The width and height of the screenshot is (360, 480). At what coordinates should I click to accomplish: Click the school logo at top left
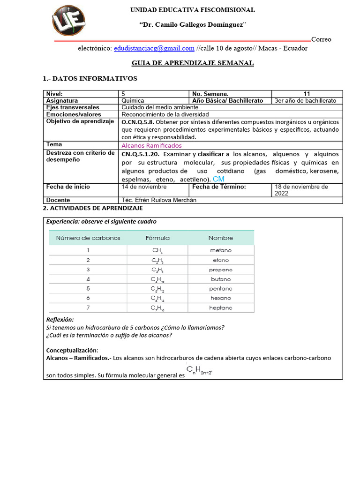pos(69,21)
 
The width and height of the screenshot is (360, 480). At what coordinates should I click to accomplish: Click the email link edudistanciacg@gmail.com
pos(154,48)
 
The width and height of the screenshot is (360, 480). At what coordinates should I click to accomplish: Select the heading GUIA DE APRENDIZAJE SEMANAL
pos(193,63)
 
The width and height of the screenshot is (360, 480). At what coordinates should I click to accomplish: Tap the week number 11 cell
pos(307,94)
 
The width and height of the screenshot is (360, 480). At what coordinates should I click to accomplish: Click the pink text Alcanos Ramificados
pos(151,145)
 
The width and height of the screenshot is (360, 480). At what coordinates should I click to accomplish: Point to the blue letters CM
pos(218,179)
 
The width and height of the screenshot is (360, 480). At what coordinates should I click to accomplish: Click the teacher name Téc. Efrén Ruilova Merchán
pos(159,200)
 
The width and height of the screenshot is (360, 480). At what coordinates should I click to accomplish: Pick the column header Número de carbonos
pos(88,238)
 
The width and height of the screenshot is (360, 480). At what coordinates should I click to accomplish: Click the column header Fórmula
pos(157,238)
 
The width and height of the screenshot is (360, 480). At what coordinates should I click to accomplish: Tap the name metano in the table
pos(221,250)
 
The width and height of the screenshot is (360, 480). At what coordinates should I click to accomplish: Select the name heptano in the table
pos(221,307)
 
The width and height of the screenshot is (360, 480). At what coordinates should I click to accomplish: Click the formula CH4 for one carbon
pos(157,251)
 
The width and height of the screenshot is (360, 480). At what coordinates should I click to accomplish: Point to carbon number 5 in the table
pos(88,288)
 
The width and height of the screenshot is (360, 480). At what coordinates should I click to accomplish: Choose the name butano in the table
pos(221,279)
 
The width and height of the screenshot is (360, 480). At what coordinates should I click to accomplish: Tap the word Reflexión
pos(60,320)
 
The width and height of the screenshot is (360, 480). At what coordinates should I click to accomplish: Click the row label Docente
pos(58,200)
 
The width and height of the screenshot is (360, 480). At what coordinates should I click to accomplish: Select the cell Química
pos(133,101)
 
